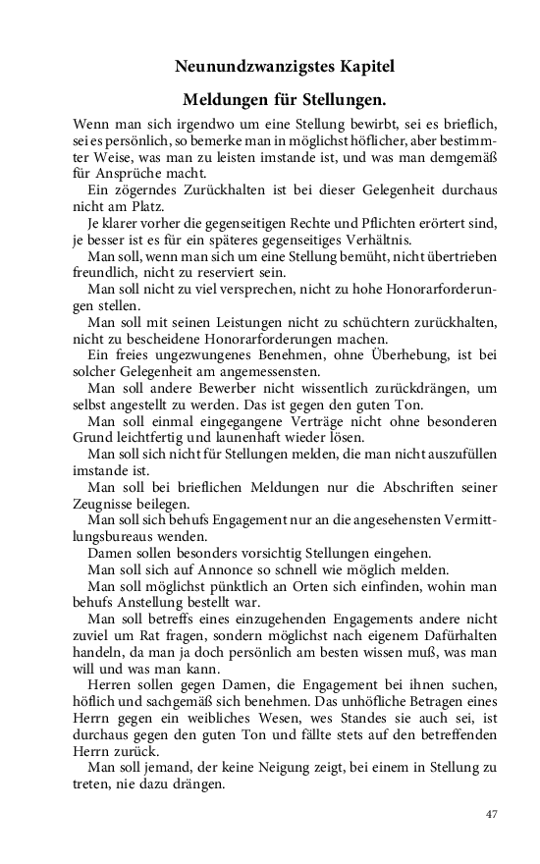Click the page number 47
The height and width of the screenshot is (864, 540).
coord(493,814)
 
